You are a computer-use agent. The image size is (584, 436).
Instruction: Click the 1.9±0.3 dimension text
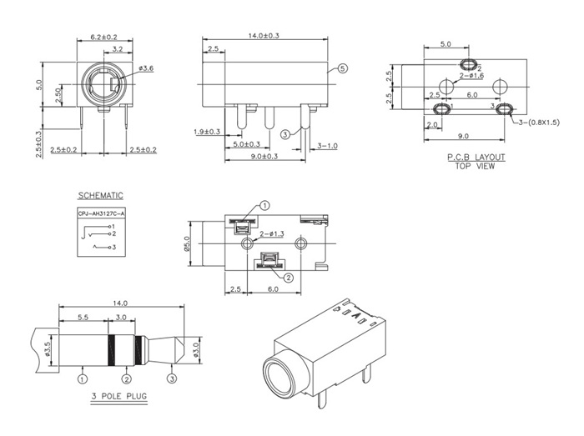tap(207, 132)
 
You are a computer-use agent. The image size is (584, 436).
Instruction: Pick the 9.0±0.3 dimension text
tap(264, 156)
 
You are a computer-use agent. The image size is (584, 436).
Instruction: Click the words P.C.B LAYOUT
tap(476, 157)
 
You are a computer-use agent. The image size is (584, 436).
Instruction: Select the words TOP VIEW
tap(475, 165)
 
